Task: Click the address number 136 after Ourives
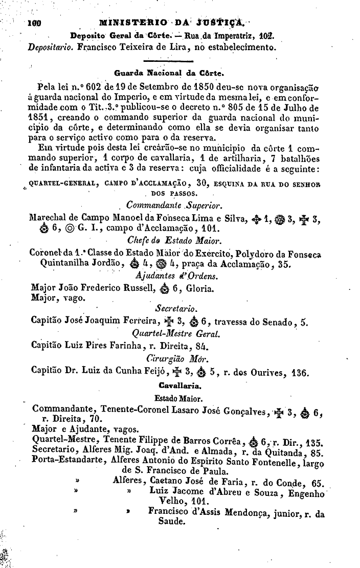click(x=299, y=373)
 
